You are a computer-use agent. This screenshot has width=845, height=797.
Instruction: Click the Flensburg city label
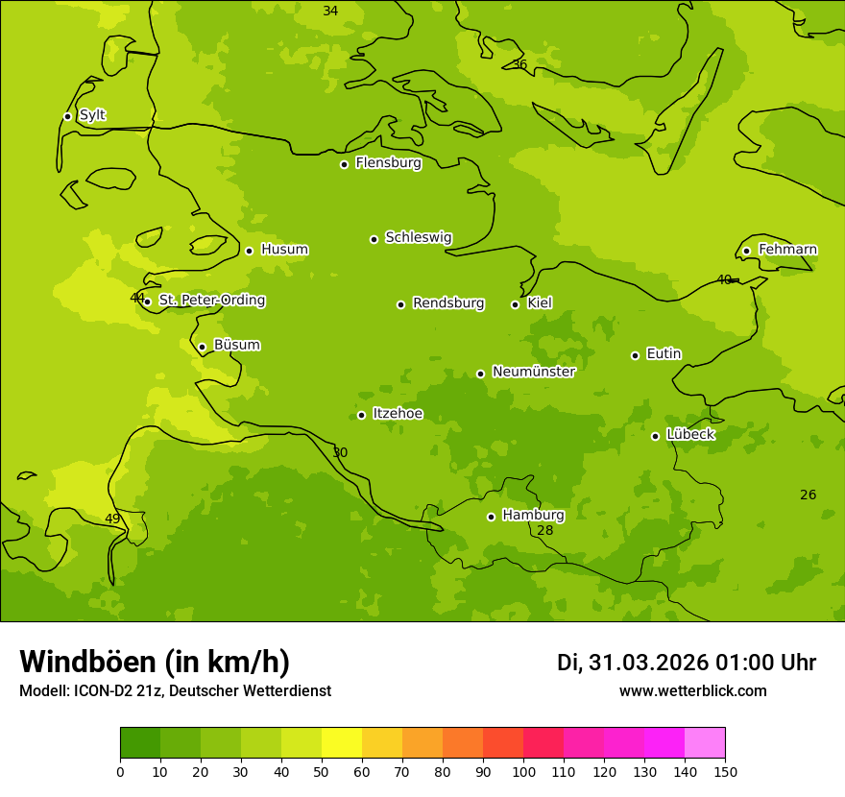click(x=388, y=163)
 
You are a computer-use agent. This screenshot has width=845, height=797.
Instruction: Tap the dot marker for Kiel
click(x=515, y=304)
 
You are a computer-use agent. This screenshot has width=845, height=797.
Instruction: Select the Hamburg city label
click(x=533, y=516)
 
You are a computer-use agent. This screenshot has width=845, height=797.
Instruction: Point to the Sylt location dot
click(x=67, y=116)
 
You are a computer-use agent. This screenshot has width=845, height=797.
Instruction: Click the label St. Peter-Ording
click(x=211, y=301)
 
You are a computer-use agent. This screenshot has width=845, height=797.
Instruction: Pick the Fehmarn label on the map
click(x=787, y=250)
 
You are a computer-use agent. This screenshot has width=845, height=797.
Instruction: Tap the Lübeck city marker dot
click(x=655, y=436)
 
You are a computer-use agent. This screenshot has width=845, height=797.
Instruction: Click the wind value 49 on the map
click(x=112, y=519)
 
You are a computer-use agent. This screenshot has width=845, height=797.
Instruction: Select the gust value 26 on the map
click(x=808, y=495)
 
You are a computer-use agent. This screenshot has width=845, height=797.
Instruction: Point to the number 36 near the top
click(x=519, y=65)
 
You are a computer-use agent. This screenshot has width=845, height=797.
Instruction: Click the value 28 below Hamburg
click(x=544, y=531)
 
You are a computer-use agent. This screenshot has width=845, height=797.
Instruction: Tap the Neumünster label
click(x=533, y=372)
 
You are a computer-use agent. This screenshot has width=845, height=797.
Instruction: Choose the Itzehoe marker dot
click(x=361, y=415)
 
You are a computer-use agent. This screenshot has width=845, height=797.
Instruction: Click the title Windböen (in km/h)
click(x=155, y=662)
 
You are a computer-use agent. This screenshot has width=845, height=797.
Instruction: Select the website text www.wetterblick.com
click(x=692, y=691)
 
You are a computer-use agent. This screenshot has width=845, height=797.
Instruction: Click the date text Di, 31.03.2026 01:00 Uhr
click(x=686, y=663)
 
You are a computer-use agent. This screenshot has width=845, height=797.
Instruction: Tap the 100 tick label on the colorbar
click(x=523, y=771)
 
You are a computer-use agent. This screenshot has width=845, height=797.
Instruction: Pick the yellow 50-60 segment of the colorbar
click(x=342, y=743)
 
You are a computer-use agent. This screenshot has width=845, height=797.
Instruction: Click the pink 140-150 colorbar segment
click(x=705, y=743)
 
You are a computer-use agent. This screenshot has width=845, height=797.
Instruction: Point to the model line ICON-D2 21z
click(x=175, y=691)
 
